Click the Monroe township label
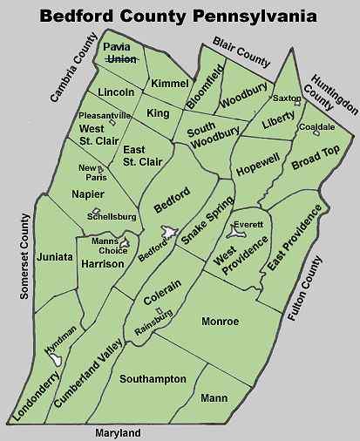(x=220, y=322)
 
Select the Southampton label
(x=153, y=379)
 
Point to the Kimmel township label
(x=169, y=83)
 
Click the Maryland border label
(x=118, y=432)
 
